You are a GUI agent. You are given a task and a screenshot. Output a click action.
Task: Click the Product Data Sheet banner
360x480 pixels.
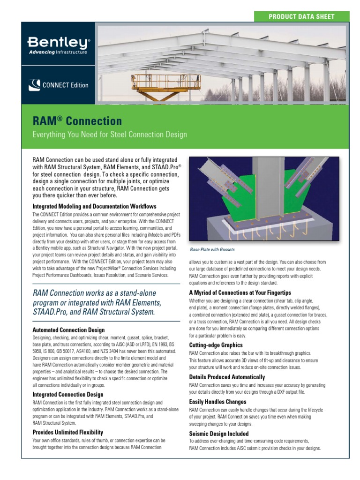pos(301,16)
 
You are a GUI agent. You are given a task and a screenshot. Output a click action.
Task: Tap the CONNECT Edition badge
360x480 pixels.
pos(59,85)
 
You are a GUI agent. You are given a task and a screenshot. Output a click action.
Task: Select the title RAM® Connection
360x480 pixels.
pos(77,121)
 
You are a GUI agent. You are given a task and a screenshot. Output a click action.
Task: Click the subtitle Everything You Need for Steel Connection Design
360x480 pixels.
pos(110,135)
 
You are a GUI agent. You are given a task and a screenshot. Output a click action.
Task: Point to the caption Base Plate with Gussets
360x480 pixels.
pos(212,249)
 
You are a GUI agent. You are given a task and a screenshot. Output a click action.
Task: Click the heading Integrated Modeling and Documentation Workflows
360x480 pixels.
pos(94,206)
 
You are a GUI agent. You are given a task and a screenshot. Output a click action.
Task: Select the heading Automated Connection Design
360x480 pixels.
pos(68,330)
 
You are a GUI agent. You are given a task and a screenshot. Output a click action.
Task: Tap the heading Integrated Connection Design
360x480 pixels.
pos(68,395)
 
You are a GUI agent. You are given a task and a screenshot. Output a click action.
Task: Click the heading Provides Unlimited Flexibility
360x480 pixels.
pos(67,432)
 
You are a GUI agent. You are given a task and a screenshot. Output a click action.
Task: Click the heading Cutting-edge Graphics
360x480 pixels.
pos(216,345)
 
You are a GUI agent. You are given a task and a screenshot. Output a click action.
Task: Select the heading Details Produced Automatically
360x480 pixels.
pos(227,377)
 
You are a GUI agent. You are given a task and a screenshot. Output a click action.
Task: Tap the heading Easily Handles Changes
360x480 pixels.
pos(217,402)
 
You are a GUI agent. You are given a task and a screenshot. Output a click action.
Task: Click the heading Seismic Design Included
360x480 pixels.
pos(219,434)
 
